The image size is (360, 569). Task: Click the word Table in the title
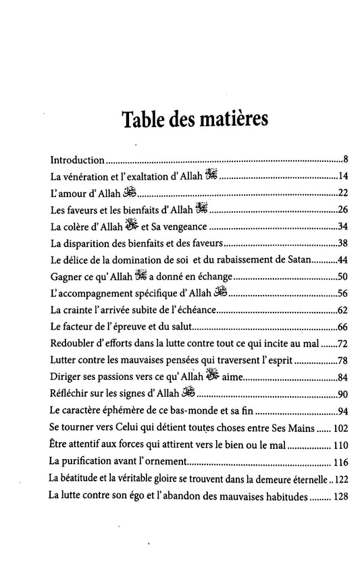point(147,121)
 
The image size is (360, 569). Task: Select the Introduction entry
point(78,162)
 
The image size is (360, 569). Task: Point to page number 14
point(342,178)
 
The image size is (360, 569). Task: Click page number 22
point(342,194)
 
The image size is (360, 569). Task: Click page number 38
point(342,243)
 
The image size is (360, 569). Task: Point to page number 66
point(342,327)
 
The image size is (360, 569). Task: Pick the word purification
point(91,462)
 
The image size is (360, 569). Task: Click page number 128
point(340,496)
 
